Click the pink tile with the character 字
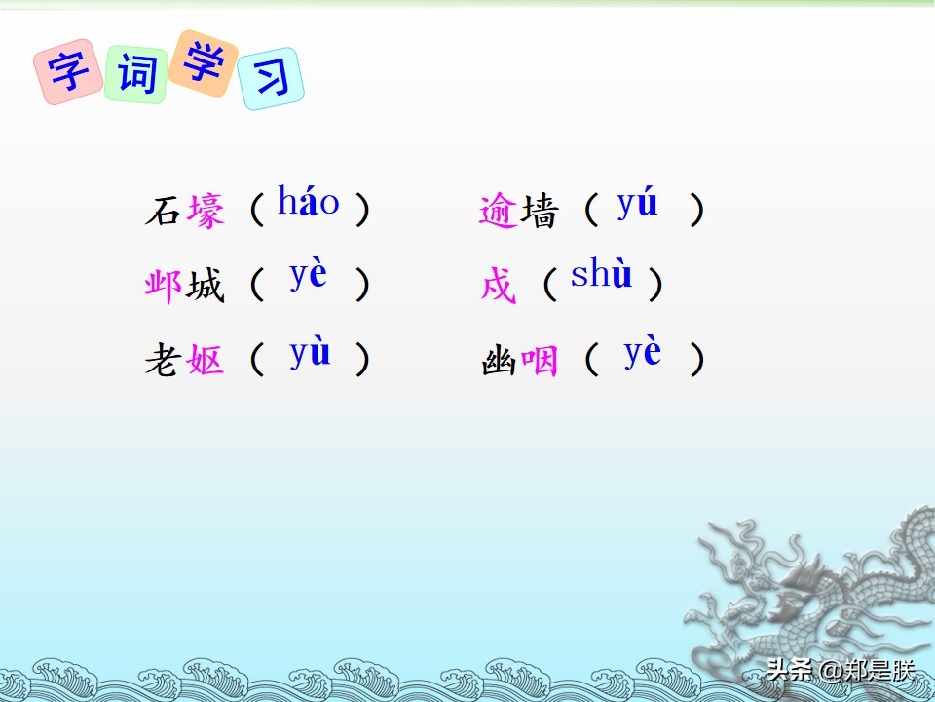point(68,71)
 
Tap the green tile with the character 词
point(136,74)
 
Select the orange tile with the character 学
point(203,62)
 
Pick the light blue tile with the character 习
point(271,78)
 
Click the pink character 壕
point(206,211)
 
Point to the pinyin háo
point(309,201)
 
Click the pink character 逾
point(499,211)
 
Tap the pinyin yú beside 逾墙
point(637,204)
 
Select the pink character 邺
point(163,286)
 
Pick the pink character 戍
point(499,285)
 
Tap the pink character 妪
point(206,360)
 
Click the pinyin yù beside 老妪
point(310,353)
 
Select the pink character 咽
point(539,361)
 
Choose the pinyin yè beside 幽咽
point(642,352)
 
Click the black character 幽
point(499,361)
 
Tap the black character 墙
point(539,211)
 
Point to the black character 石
point(163,211)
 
